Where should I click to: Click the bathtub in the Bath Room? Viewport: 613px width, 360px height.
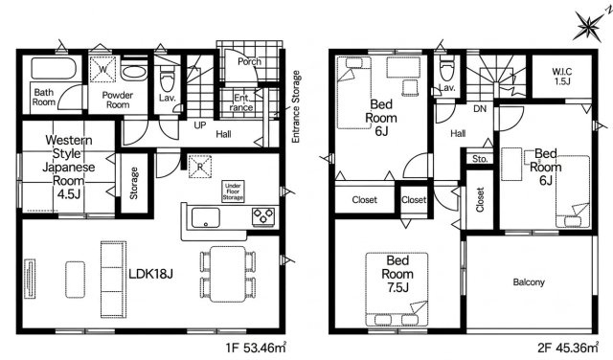click(53, 69)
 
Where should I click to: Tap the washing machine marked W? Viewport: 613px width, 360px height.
click(102, 69)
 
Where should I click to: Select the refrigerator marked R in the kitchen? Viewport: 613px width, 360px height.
click(200, 167)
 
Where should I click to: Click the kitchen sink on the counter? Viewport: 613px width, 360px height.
click(205, 217)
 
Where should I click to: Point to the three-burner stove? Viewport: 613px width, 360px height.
click(263, 216)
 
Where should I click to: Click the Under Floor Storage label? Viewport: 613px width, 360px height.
click(233, 191)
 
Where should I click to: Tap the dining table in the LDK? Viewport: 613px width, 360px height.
click(228, 274)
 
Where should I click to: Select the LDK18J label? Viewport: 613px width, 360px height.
click(151, 274)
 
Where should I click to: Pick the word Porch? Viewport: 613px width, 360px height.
click(249, 61)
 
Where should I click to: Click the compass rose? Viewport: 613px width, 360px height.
click(590, 26)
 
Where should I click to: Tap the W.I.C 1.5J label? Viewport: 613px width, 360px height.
click(562, 77)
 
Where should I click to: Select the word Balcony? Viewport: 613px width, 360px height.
click(529, 281)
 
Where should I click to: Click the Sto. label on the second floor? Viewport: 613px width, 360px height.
click(480, 159)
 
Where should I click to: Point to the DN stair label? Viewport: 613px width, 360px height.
click(480, 108)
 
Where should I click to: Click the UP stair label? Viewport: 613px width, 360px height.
click(200, 125)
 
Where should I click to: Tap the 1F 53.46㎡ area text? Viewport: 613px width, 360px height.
click(256, 348)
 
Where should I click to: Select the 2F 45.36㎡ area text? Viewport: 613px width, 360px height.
click(568, 348)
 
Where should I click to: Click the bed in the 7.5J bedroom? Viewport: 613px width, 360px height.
click(397, 289)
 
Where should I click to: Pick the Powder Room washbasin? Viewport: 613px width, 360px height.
click(134, 73)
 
